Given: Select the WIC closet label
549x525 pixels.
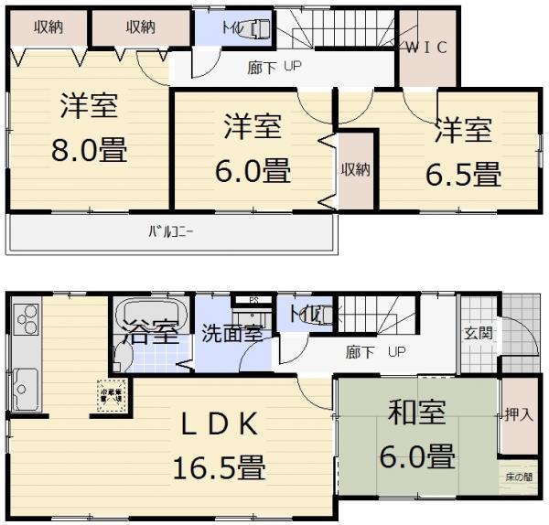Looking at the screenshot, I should (425, 48).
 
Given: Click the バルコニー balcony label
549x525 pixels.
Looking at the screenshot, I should (171, 231).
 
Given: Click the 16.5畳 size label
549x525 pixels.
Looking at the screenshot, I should (220, 469).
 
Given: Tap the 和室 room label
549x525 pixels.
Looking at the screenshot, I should (416, 413).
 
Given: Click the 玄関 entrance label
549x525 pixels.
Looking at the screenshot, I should (479, 333).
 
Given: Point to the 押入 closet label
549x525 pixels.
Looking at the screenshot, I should (518, 414).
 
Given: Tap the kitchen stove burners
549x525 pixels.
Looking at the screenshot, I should (25, 321).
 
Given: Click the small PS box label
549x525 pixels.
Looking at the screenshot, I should (255, 298).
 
